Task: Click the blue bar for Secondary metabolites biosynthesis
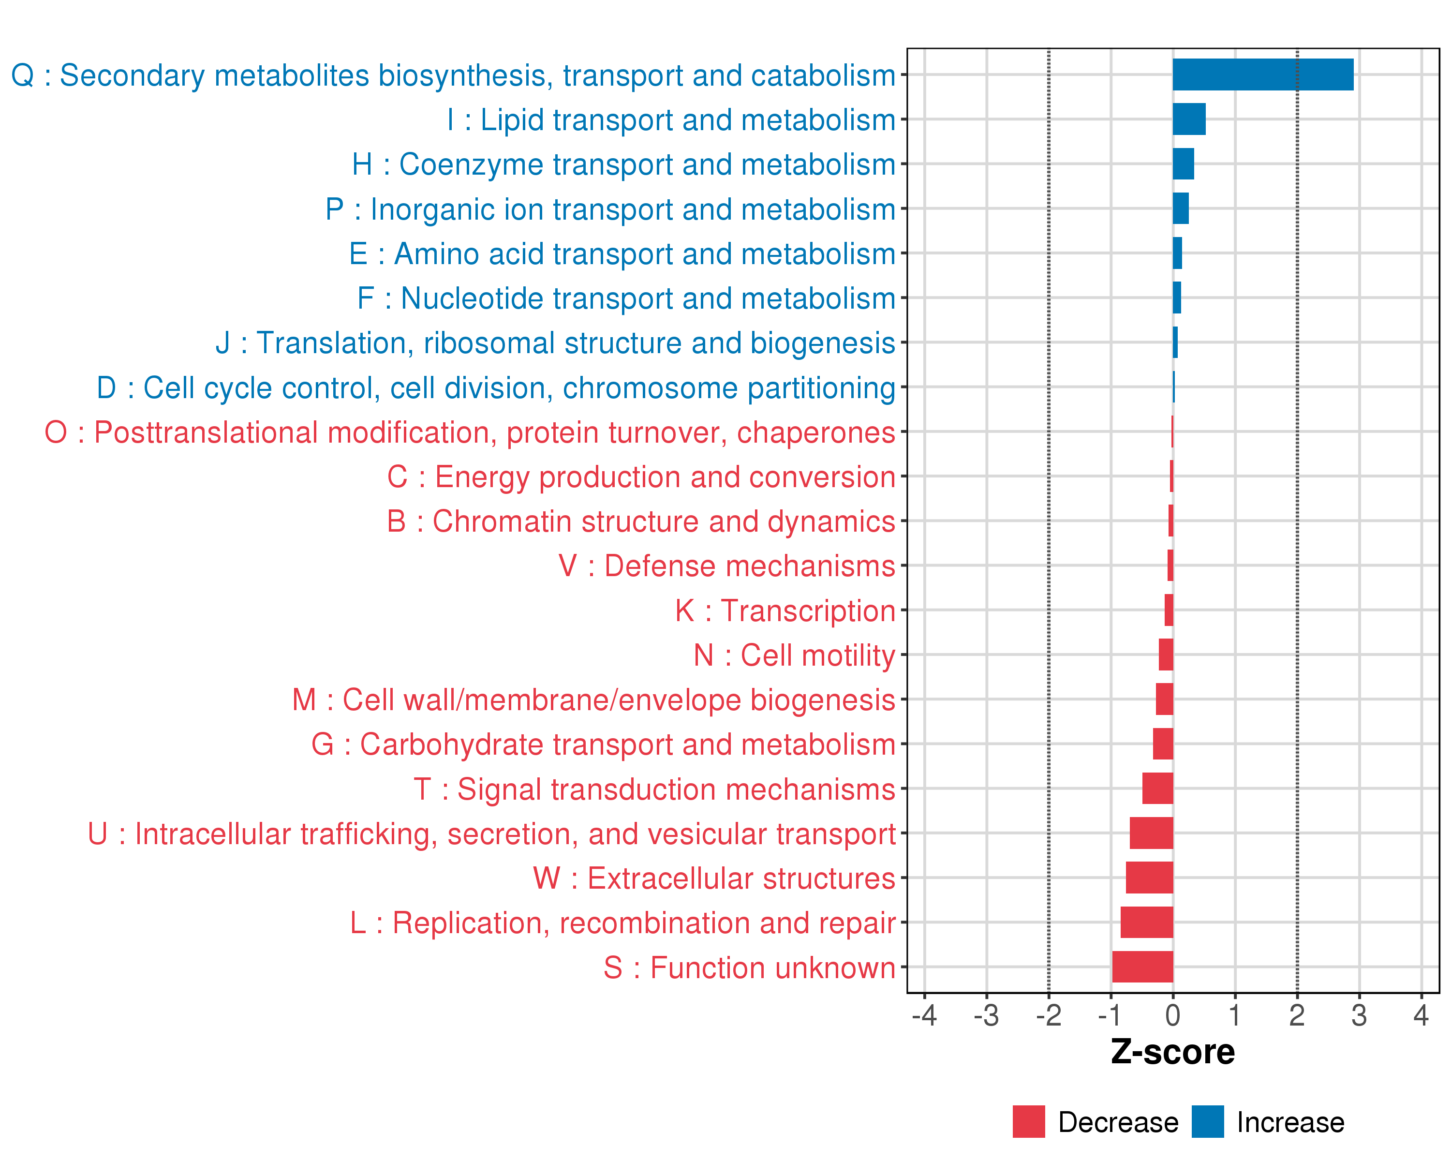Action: pos(1262,74)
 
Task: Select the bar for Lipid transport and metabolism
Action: pos(1188,119)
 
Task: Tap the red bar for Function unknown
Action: pos(1142,967)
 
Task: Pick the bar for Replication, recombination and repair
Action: pos(1146,922)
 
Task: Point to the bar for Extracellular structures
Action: pos(1149,878)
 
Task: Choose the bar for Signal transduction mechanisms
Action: pos(1157,788)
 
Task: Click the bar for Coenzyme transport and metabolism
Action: pos(1183,164)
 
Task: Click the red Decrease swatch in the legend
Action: pos(1028,1122)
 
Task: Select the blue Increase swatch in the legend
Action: pos(1207,1122)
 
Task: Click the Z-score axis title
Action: pos(1172,1052)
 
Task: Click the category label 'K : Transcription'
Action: pos(785,610)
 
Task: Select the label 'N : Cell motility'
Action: pos(794,655)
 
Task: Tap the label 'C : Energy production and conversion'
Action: pos(641,476)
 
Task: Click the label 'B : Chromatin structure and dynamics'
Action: pos(641,521)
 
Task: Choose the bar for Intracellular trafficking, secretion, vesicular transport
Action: pos(1151,833)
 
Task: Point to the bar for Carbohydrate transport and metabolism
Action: pos(1162,744)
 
